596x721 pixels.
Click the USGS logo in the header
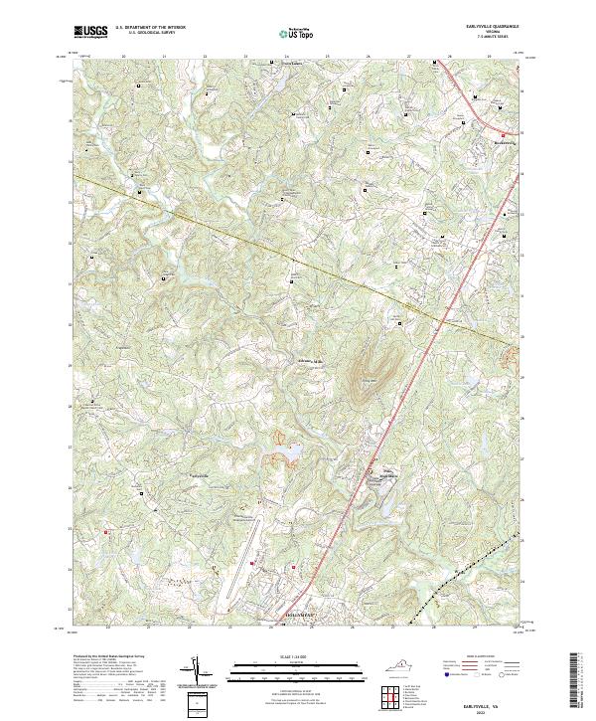coord(91,33)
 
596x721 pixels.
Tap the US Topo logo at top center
coord(297,33)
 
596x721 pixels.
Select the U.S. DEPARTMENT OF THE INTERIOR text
coord(149,28)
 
